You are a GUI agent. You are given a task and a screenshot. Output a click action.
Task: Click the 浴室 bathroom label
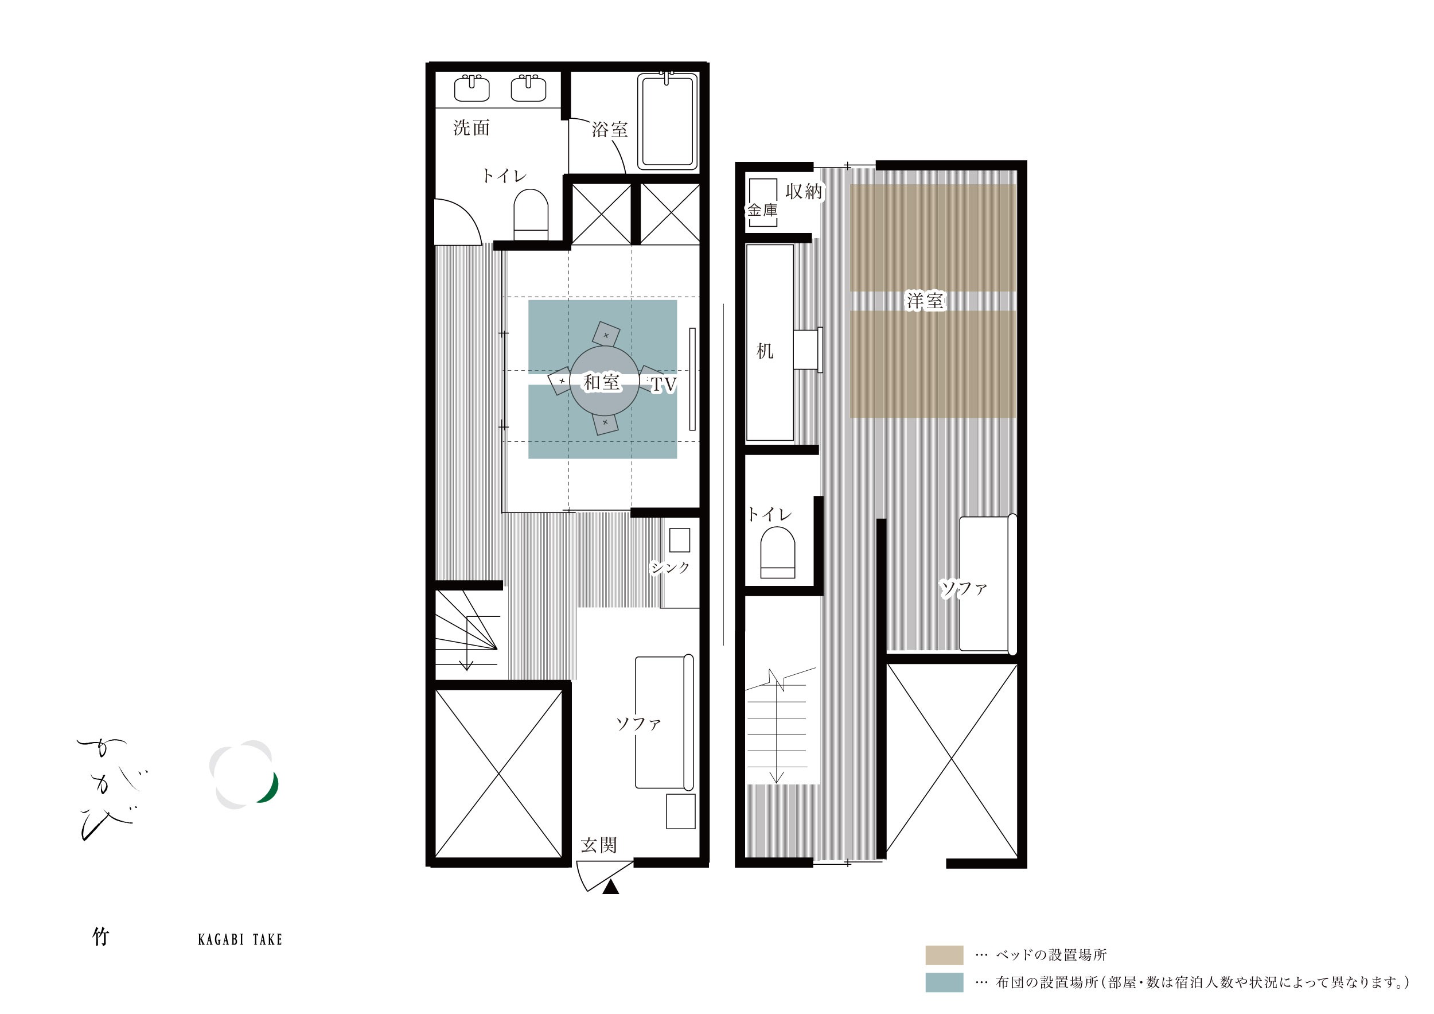[610, 129]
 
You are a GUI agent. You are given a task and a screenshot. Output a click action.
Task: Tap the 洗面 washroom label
[471, 127]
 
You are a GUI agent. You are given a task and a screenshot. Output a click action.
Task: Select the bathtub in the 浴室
[667, 121]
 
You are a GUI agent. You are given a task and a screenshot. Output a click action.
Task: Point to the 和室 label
[602, 382]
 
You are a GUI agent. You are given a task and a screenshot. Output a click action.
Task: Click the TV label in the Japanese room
[663, 384]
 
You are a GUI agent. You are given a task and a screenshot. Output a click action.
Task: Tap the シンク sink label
[669, 568]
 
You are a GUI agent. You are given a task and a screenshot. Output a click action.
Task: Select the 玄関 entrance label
[599, 845]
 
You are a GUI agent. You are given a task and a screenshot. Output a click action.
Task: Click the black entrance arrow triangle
[611, 887]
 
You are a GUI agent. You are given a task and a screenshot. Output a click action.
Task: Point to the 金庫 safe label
[762, 210]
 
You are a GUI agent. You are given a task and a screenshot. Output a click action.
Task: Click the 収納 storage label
[804, 191]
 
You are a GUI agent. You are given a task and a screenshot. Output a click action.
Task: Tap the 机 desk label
[765, 351]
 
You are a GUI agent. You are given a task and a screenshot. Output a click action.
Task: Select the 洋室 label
[926, 301]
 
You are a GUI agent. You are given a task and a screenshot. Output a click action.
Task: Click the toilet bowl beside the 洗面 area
[531, 214]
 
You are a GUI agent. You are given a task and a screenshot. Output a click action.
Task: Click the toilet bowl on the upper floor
[778, 552]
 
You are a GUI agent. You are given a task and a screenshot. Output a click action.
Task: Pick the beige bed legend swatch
[944, 955]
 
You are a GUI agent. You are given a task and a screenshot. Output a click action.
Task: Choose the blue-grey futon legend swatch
[944, 983]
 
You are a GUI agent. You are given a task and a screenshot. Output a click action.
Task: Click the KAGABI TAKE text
[240, 939]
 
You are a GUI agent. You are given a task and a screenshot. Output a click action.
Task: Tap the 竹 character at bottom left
[100, 937]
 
